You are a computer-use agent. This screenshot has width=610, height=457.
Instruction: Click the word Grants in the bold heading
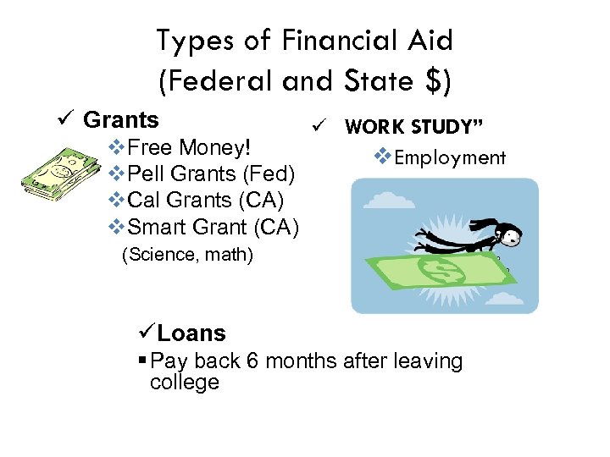coord(121,120)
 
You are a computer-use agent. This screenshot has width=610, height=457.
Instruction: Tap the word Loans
coord(191,333)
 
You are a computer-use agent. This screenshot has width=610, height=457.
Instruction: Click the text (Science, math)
coord(187,254)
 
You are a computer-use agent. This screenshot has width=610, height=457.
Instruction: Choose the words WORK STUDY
coord(413,127)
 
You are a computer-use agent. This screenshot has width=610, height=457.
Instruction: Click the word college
coord(184,382)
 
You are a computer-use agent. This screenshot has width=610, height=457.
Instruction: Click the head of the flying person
coord(508,229)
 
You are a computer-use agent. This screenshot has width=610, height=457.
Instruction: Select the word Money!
coord(213,147)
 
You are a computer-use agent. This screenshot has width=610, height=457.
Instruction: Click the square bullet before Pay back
coord(141,361)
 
